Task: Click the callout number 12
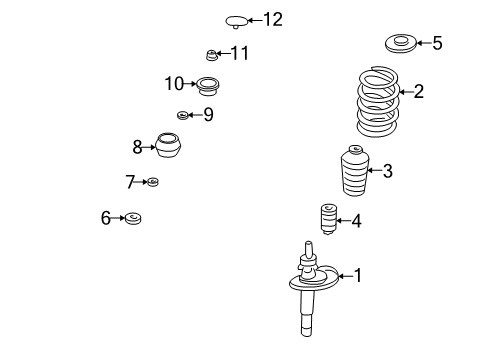273,19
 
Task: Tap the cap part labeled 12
237,19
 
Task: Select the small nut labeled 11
211,54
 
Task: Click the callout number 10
175,83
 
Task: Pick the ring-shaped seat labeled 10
208,84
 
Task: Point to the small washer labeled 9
183,115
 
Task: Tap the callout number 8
138,147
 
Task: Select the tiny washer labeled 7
153,182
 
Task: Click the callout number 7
130,182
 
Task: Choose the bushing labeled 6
132,218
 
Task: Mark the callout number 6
106,218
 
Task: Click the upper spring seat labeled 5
400,43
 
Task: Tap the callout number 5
437,43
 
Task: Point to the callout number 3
387,171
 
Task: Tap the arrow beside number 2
404,93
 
